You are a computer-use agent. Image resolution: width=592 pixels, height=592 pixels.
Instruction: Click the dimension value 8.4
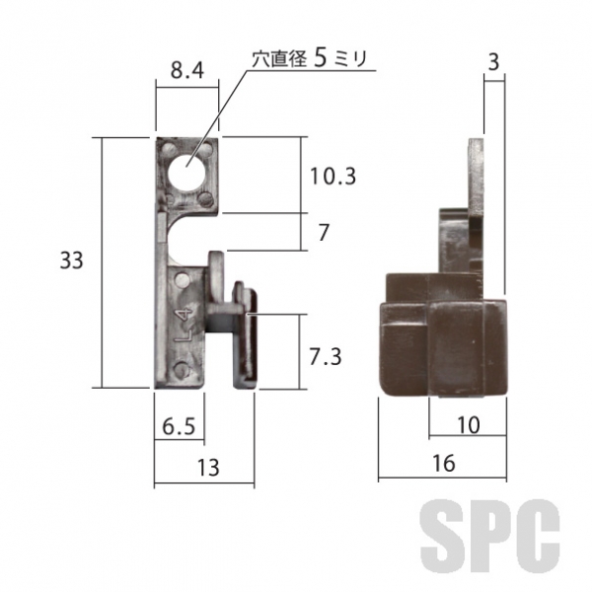(187, 70)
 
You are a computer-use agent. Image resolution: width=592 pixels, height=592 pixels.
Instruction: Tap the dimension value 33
(71, 260)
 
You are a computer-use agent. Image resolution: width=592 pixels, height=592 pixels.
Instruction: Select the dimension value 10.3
(333, 177)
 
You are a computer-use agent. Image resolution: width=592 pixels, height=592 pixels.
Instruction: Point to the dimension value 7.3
(326, 357)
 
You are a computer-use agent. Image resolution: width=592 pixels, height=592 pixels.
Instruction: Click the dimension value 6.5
(179, 427)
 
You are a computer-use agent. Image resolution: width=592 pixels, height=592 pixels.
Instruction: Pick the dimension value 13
(208, 468)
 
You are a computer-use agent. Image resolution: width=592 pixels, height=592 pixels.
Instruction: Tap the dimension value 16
(444, 464)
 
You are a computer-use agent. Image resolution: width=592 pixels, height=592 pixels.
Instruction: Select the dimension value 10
(469, 425)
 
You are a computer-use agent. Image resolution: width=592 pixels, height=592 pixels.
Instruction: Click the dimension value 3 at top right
(493, 62)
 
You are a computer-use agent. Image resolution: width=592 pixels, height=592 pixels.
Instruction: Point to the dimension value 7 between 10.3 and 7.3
(324, 233)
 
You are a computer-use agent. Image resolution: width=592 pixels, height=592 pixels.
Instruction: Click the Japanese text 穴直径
(279, 59)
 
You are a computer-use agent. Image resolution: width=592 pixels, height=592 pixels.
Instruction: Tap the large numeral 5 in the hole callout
(320, 58)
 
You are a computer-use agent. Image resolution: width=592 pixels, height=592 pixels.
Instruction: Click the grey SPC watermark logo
(489, 536)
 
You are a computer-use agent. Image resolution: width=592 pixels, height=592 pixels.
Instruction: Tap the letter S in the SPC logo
(441, 536)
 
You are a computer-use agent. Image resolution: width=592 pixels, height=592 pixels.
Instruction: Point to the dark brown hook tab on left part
(246, 334)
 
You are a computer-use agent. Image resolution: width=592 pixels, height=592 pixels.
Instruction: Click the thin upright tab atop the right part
(477, 176)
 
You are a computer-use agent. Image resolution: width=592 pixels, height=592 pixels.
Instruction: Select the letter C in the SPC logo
(538, 536)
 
